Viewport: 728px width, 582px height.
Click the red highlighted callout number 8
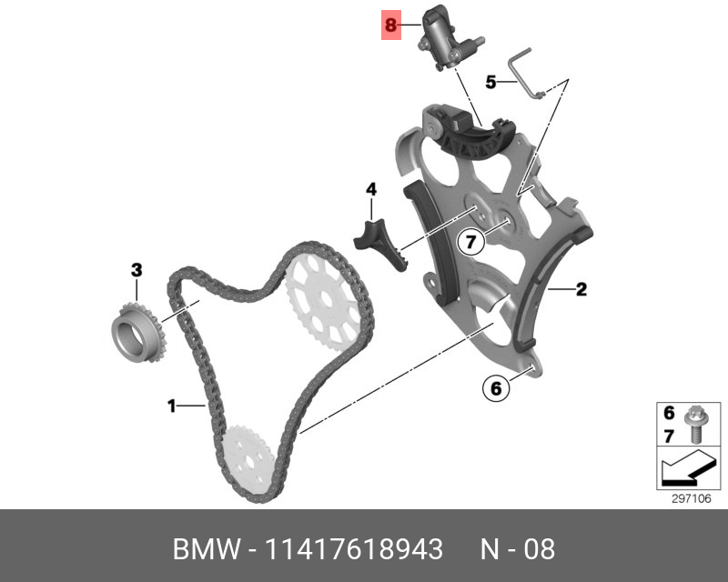point(391,25)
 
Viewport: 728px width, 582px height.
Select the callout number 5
point(490,82)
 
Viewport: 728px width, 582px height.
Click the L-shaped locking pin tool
point(525,72)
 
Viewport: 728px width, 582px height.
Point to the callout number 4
point(371,189)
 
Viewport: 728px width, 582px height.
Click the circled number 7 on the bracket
point(470,242)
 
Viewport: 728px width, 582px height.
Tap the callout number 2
point(581,291)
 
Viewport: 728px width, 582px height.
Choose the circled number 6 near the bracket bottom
point(495,388)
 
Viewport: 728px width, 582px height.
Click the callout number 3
point(136,270)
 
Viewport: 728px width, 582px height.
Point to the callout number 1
point(171,406)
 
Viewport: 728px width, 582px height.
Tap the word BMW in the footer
point(202,550)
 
